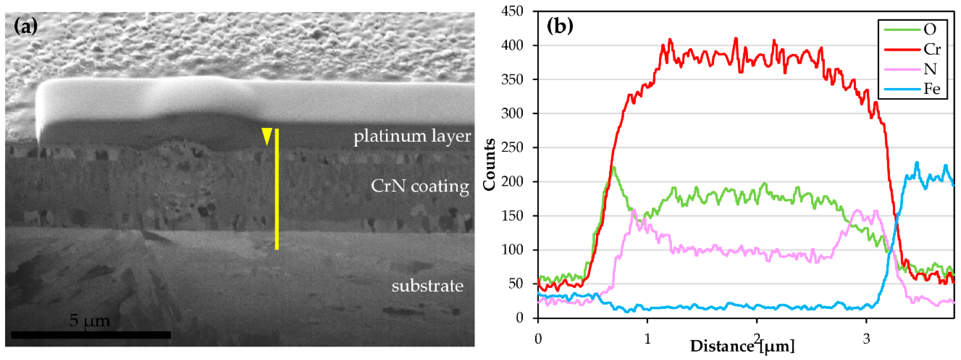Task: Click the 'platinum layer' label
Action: pos(412,136)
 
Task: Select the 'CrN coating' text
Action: pos(420,186)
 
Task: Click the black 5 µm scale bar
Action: pos(91,335)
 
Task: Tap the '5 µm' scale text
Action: pos(90,320)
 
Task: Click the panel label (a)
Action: pos(25,27)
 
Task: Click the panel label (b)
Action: pos(560,27)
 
